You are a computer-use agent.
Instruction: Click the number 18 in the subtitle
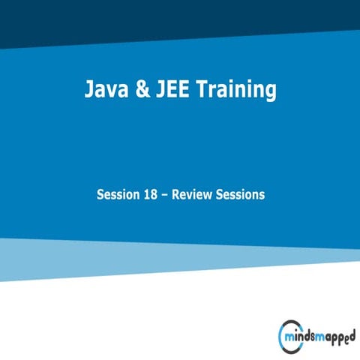(x=152, y=195)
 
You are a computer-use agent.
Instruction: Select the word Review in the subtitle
(x=194, y=195)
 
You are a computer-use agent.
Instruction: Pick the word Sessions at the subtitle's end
(x=241, y=195)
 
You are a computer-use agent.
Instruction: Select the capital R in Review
(x=178, y=195)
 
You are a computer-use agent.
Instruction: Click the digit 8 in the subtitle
(x=156, y=195)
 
